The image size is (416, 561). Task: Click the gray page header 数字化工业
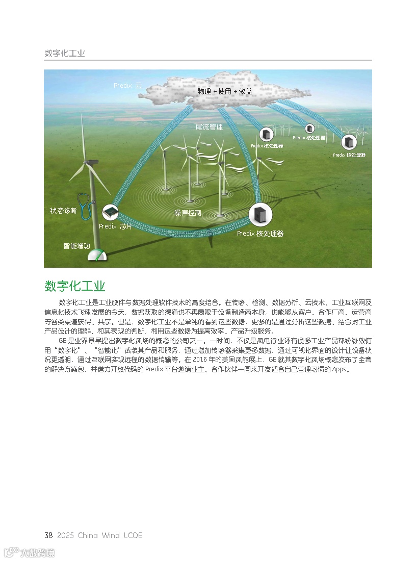[65, 53]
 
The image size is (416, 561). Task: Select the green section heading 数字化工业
[75, 286]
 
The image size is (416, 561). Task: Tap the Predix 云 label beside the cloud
[127, 86]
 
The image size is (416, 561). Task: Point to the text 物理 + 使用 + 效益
[225, 91]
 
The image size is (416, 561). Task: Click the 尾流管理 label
[209, 127]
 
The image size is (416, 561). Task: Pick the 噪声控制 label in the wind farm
[188, 213]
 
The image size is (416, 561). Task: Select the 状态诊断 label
[63, 211]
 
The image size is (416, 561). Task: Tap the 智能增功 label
[76, 246]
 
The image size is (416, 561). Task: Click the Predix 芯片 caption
[115, 226]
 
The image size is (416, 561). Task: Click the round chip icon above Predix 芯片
[110, 212]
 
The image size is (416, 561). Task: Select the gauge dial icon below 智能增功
[98, 256]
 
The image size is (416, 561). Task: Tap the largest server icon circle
[260, 215]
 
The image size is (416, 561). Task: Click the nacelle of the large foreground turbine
[90, 163]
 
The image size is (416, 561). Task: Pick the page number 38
[48, 535]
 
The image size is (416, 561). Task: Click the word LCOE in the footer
[133, 535]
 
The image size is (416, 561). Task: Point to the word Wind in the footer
[111, 535]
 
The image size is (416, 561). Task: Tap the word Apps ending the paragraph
[340, 369]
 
